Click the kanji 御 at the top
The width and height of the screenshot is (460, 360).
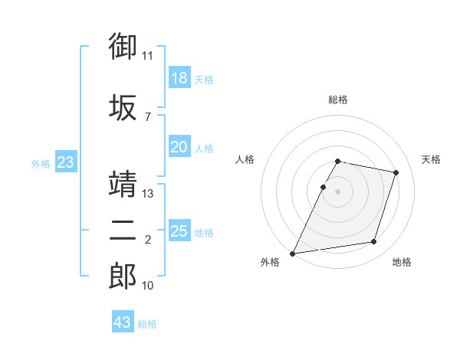123,46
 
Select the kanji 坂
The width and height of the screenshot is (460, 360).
123,107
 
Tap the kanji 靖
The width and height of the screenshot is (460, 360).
123,184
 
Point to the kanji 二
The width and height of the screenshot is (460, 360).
123,231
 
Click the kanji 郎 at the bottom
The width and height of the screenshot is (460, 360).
123,277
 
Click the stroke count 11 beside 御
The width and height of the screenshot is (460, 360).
147,56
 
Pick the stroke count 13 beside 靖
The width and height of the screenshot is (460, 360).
147,194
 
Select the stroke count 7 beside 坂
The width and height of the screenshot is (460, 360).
148,117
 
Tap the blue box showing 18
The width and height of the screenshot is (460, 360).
179,77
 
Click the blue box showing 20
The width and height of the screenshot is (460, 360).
179,146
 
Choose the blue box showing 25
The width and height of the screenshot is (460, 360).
179,230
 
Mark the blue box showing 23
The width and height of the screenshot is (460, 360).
66,162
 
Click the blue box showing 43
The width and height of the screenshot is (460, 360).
123,321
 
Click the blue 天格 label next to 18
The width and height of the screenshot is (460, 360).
204,80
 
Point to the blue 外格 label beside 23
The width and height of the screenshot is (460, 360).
41,164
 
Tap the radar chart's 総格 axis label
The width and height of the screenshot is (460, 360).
338,100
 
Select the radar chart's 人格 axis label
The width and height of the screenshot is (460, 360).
245,159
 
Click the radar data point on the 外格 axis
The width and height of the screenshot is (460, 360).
292,254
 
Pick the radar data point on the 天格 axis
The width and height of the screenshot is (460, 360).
396,172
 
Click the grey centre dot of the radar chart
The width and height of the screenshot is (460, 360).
337,191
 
